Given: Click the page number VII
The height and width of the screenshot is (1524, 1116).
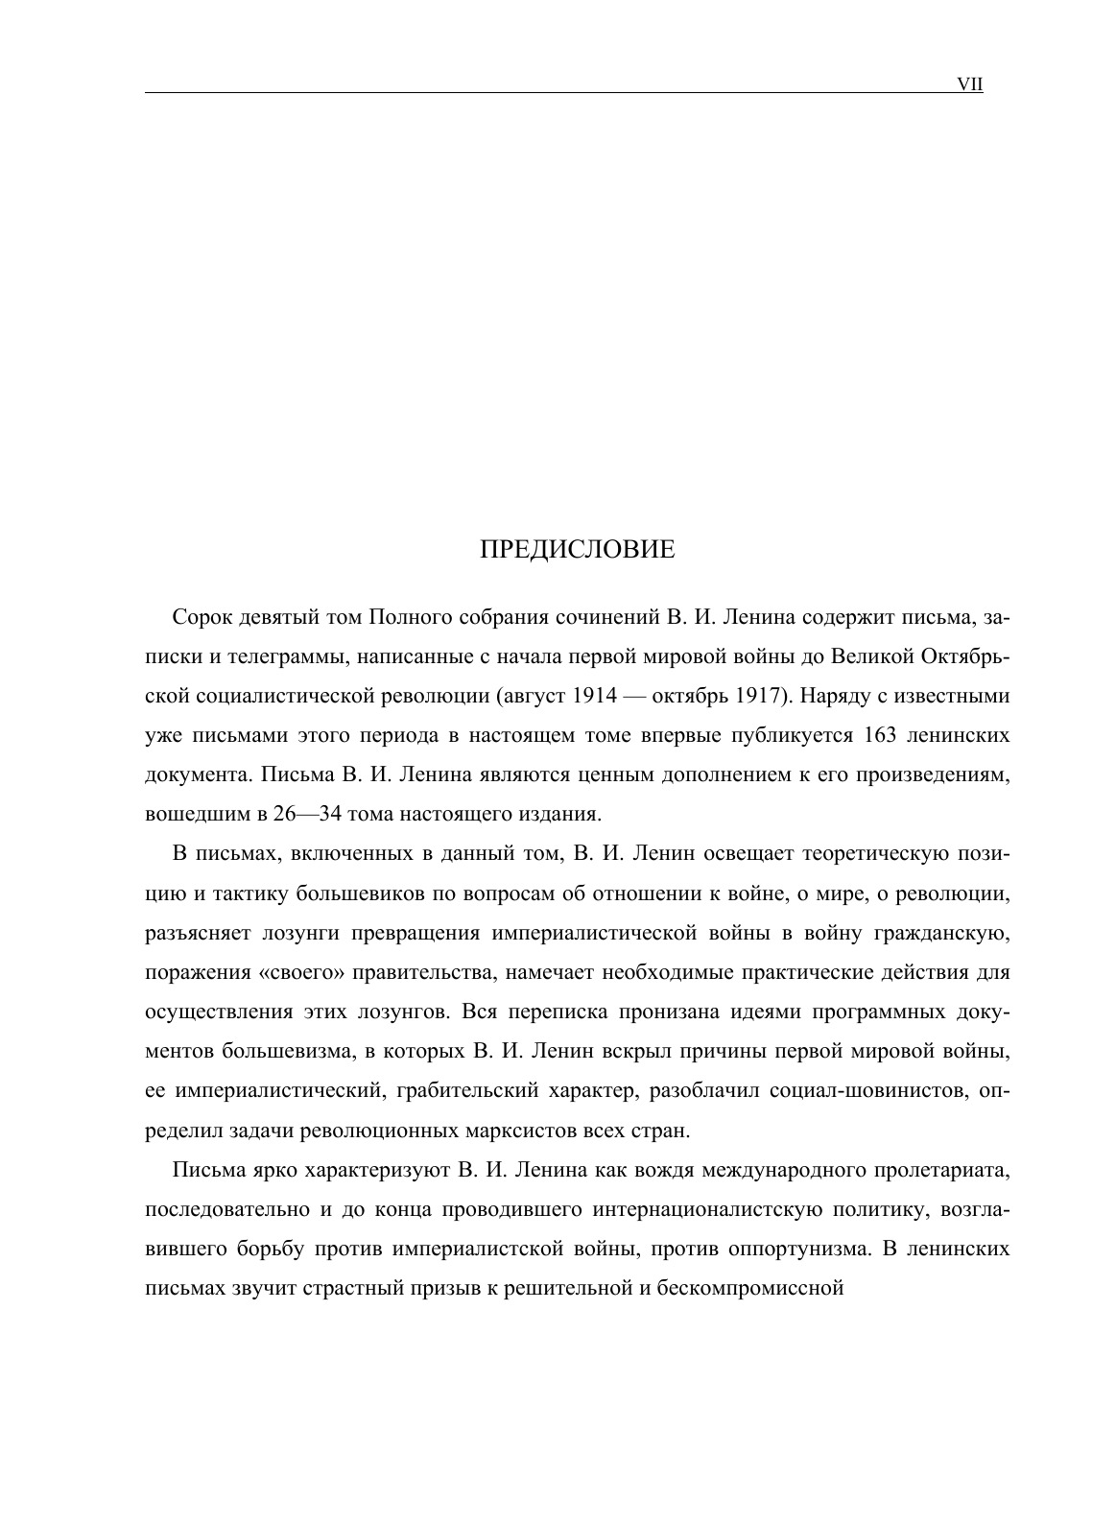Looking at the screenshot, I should [x=970, y=84].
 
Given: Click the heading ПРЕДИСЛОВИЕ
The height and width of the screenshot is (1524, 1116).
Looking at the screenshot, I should [x=577, y=550].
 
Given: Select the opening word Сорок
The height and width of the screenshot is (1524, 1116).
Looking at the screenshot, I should [x=200, y=616].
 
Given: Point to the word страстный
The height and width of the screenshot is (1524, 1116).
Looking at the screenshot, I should [x=344, y=1289].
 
